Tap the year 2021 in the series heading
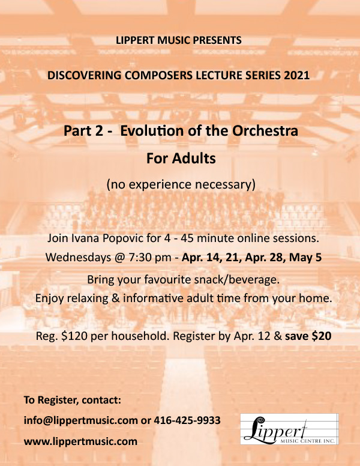point(297,75)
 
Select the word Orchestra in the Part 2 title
point(265,131)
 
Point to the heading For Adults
point(181,158)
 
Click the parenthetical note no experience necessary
point(181,184)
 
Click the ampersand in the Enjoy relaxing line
point(115,298)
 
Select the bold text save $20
point(308,336)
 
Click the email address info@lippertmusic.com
point(81,420)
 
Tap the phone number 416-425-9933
point(187,420)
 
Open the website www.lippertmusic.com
point(80,441)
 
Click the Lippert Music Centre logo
point(289,429)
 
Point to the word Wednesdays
point(78,258)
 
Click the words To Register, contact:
point(73,400)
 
